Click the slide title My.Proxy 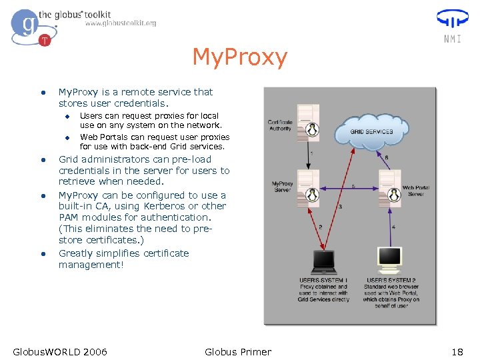pyautogui.click(x=239, y=57)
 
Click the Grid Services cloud pyautogui.click(x=371, y=131)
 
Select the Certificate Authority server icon pyautogui.click(x=308, y=120)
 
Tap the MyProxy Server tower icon pyautogui.click(x=308, y=187)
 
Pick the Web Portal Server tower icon pyautogui.click(x=388, y=187)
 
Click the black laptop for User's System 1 pyautogui.click(x=324, y=261)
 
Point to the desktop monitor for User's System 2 pyautogui.click(x=389, y=260)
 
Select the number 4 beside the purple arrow pyautogui.click(x=393, y=227)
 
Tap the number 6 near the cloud pyautogui.click(x=387, y=157)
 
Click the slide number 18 pyautogui.click(x=457, y=351)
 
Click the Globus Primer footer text pyautogui.click(x=238, y=351)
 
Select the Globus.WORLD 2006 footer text pyautogui.click(x=60, y=351)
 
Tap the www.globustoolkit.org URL pyautogui.click(x=121, y=23)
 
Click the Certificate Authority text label pyautogui.click(x=280, y=125)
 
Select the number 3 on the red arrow pyautogui.click(x=340, y=207)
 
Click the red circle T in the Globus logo pyautogui.click(x=45, y=40)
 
